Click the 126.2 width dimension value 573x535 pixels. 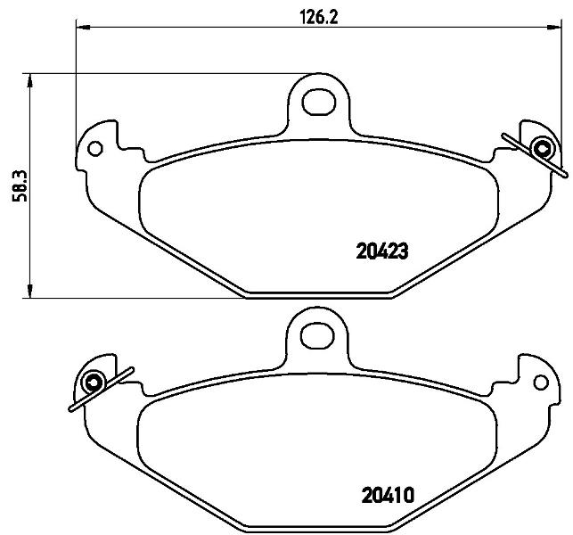coord(319,17)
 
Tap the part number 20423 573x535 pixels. coord(382,251)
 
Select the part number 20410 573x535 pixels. coord(388,495)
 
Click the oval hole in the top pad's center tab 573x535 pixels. coord(320,102)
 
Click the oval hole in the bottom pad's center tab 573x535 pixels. coord(317,335)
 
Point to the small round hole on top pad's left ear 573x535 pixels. coord(95,149)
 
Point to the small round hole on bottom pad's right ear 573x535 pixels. coord(541,383)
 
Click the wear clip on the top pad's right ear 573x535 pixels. coord(538,152)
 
